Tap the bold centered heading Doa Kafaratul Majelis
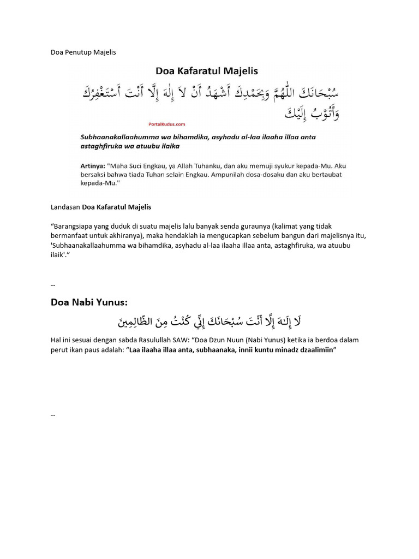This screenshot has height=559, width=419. coord(207,70)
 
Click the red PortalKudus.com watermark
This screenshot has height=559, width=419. coord(166,124)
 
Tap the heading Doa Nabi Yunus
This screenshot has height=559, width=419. coord(89,302)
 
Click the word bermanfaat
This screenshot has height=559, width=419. coord(70,235)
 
